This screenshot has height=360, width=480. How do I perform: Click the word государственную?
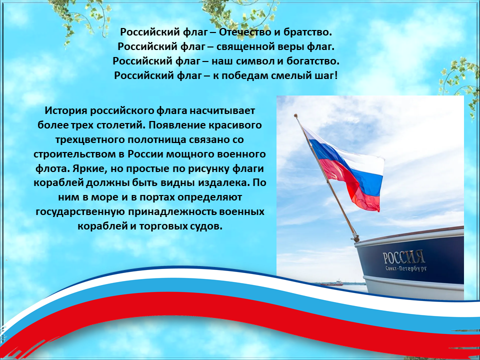pyautogui.click(x=80, y=212)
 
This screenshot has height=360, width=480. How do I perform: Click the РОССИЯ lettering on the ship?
pyautogui.click(x=403, y=257)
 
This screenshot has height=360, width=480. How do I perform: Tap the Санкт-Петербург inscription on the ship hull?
pyautogui.click(x=406, y=269)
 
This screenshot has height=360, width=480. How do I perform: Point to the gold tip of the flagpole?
pyautogui.click(x=295, y=116)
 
